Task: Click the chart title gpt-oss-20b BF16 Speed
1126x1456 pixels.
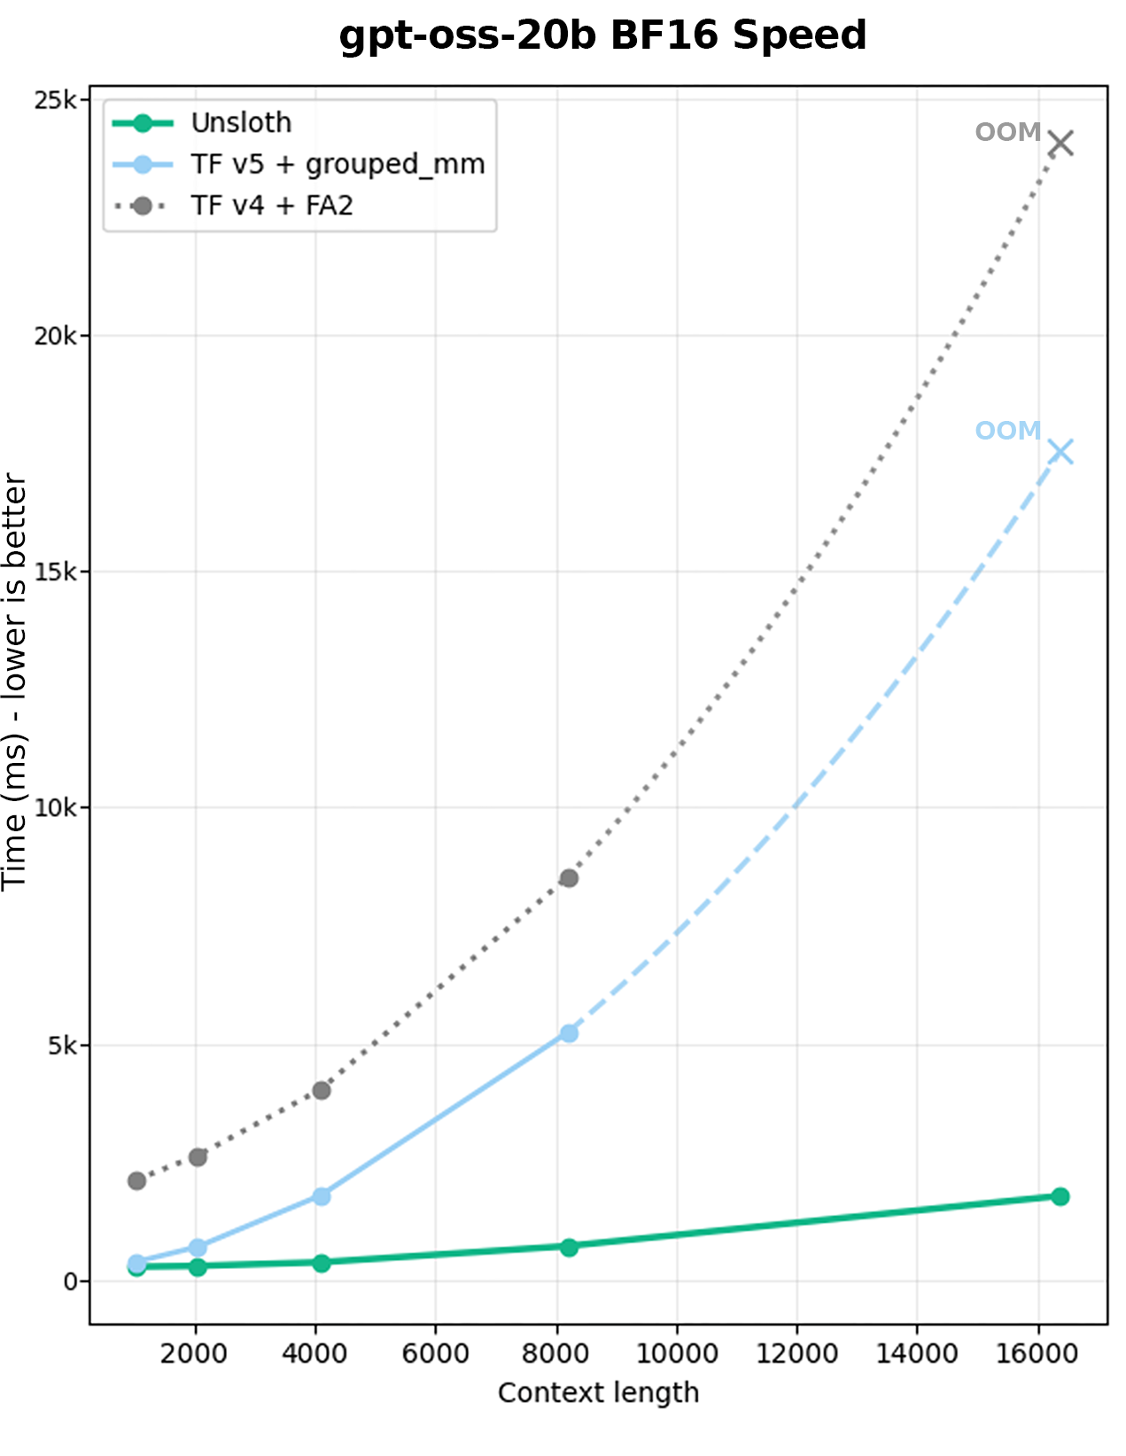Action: (602, 36)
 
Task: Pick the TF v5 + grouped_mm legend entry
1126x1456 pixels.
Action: (337, 165)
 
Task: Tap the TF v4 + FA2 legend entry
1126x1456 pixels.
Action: (271, 206)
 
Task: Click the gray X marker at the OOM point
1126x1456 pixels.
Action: (1060, 143)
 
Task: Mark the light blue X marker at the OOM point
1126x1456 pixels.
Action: (1060, 452)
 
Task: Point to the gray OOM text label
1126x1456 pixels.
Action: (1007, 133)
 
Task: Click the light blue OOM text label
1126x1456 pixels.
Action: (1007, 432)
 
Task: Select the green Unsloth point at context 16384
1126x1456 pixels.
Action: (1060, 1196)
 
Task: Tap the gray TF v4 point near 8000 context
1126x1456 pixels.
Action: (569, 878)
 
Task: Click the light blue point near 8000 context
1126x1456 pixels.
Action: (569, 1033)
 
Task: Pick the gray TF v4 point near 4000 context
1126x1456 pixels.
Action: (322, 1090)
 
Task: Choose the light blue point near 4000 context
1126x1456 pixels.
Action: (322, 1196)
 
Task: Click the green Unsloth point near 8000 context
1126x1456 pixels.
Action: (569, 1247)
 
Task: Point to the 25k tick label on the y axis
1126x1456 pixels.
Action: (54, 100)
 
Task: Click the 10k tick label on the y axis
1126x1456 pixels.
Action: (54, 808)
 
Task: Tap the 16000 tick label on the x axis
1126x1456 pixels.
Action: (1037, 1353)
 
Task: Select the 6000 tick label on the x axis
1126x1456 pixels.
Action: (435, 1353)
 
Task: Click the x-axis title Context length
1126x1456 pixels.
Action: (598, 1393)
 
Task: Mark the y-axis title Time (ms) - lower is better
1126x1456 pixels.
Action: (15, 682)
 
